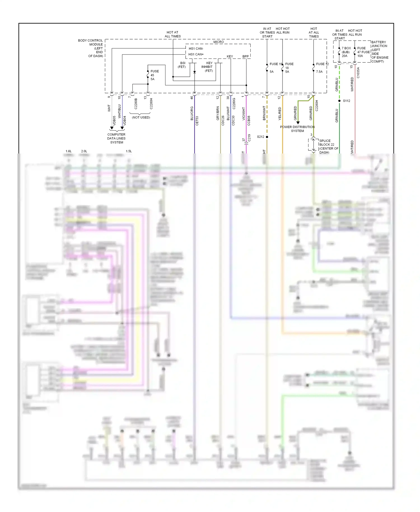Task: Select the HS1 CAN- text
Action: (x=196, y=48)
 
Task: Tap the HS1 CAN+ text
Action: (x=196, y=54)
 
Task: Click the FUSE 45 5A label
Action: (x=154, y=75)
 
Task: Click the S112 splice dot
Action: (x=339, y=101)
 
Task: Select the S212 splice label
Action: (x=260, y=137)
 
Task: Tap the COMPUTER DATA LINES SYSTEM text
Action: (x=116, y=138)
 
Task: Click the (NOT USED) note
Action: (x=141, y=117)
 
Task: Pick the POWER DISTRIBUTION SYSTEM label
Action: (x=297, y=129)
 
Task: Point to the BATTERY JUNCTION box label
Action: (x=379, y=52)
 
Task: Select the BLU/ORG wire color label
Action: (x=192, y=113)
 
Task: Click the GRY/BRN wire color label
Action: (x=218, y=113)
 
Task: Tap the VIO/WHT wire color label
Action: (x=244, y=114)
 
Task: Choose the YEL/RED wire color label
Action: (x=279, y=114)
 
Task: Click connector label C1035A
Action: (x=358, y=73)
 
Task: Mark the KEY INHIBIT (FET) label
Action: (x=208, y=67)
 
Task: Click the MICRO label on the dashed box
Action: (x=218, y=42)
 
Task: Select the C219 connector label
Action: (x=249, y=138)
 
